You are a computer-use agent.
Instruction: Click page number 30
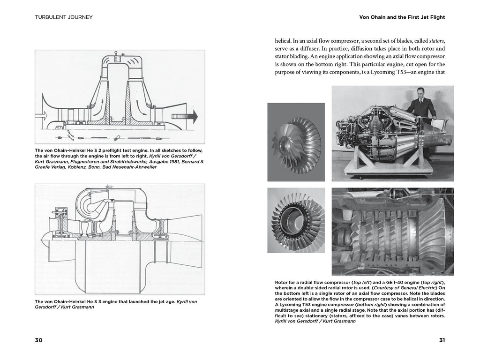tap(38, 340)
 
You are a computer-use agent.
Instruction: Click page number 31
tap(441, 340)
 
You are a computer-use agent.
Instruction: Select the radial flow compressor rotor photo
tap(296, 142)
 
